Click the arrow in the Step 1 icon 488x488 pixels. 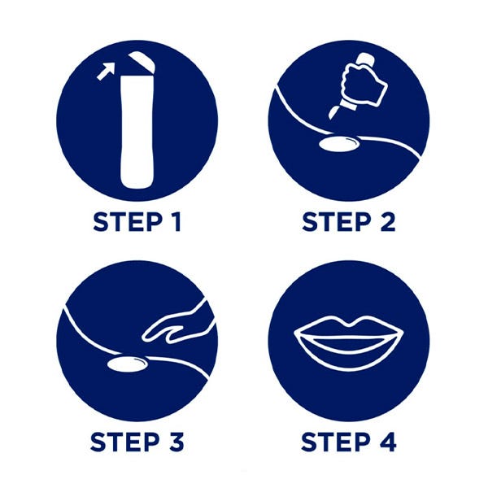106,72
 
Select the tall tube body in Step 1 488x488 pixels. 137,131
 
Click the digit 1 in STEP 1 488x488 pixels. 176,222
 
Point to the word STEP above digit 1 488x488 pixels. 128,222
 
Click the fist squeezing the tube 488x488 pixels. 364,84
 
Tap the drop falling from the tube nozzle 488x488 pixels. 334,111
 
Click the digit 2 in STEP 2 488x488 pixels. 388,222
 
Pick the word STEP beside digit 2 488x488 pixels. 337,222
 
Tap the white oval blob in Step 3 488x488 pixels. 127,364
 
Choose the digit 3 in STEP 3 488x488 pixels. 176,442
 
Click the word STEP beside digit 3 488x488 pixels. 124,442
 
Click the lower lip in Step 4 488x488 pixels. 349,355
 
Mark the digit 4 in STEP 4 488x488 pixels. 389,442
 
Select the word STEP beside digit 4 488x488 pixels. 336,442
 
